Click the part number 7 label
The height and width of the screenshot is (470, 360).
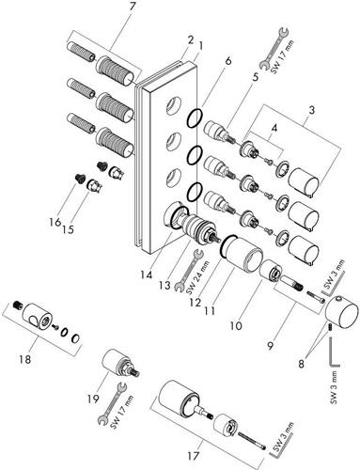click(132, 8)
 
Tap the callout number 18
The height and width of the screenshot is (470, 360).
click(25, 359)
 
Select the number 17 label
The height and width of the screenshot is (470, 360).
click(193, 455)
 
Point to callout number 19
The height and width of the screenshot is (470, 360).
click(93, 399)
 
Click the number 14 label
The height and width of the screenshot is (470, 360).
click(147, 274)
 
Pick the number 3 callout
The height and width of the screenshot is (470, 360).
click(311, 110)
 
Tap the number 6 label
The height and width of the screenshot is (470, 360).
click(228, 61)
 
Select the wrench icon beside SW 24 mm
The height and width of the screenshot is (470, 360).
click(187, 271)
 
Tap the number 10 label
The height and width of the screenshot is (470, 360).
click(236, 326)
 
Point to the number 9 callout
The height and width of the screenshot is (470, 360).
click(270, 345)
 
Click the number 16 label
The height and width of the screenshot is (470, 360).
click(55, 222)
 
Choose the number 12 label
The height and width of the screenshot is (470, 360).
click(195, 302)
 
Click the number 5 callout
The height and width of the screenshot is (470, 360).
click(256, 77)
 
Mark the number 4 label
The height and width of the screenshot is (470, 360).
click(274, 128)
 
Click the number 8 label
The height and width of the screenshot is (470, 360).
click(301, 364)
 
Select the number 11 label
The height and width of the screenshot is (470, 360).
click(210, 311)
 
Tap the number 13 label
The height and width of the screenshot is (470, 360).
click(164, 286)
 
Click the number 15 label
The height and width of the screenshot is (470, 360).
click(68, 229)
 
